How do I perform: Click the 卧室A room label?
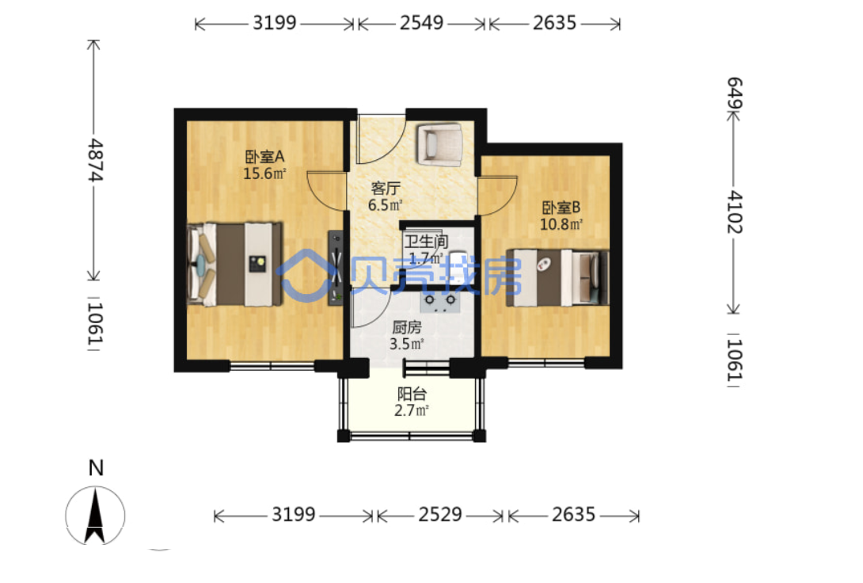coord(264,157)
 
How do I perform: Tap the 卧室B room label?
coord(561,208)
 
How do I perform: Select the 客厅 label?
coord(386,189)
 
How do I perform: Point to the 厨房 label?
coord(407,327)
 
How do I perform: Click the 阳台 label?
coord(412,394)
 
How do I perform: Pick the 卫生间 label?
coord(426,241)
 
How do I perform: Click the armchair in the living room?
coord(439,143)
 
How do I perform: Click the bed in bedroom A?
coord(234,264)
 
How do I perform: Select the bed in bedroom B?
coord(557,277)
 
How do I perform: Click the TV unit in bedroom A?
coord(336,268)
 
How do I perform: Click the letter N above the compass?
coord(96,468)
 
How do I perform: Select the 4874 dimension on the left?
coord(96,160)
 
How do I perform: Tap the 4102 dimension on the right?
coord(735,212)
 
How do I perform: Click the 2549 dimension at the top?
coord(421,22)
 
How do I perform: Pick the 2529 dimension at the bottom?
coord(440,515)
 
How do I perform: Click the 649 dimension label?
coord(735,93)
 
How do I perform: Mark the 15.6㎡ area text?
coord(264,173)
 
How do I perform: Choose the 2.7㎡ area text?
coord(412,410)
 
